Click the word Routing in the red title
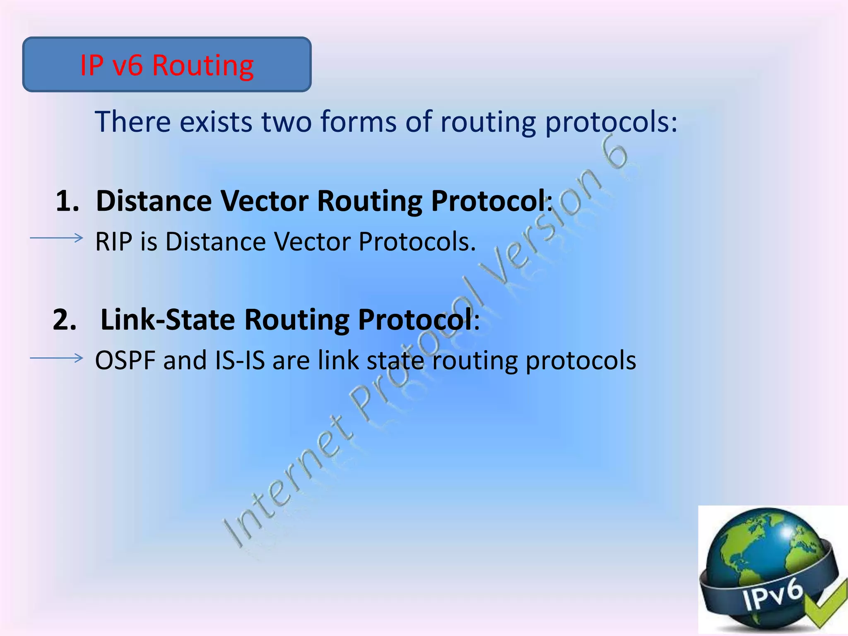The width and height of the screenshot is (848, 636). point(203,65)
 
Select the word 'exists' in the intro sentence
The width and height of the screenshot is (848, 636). point(216,122)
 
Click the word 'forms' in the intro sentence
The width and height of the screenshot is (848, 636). point(358,122)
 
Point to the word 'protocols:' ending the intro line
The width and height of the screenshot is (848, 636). point(611,123)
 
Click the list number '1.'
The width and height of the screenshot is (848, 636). point(67,201)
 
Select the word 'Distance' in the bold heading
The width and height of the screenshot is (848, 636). point(154,201)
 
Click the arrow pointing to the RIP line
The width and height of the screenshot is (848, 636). point(57,238)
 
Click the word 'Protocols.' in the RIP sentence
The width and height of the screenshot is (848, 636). point(417,241)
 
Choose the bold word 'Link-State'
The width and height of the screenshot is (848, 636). point(168,320)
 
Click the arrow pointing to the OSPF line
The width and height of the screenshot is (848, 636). point(57,358)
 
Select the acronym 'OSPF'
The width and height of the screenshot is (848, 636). point(125,360)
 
